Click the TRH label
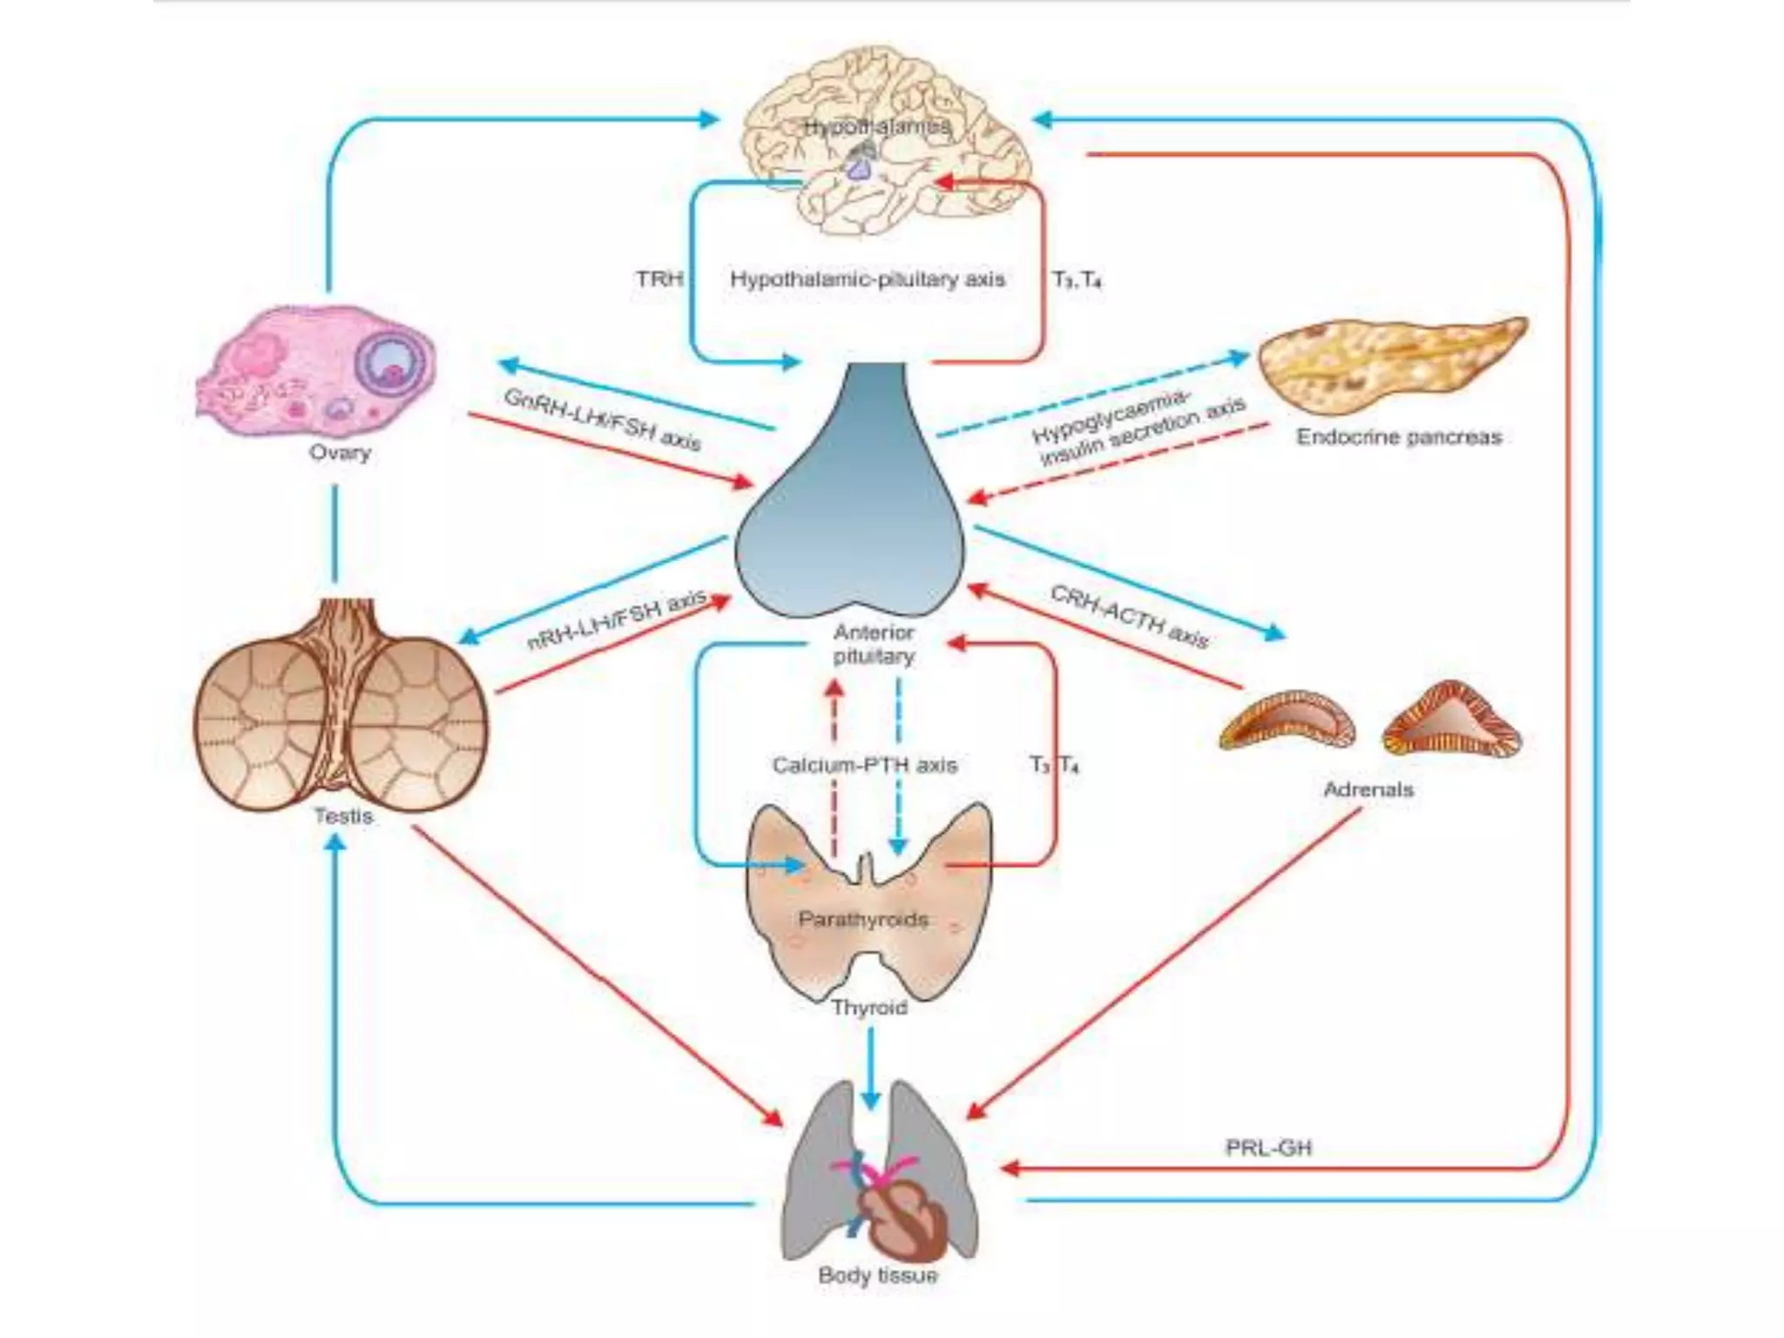coord(659,279)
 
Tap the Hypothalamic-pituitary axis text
coord(867,279)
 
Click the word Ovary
coord(340,452)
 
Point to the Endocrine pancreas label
coord(1399,436)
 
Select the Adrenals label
coord(1368,789)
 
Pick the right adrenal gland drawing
coord(1451,720)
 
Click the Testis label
coord(343,816)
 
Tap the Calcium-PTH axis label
coord(864,765)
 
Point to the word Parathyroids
coord(863,919)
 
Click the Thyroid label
coord(868,1007)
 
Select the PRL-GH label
coord(1268,1147)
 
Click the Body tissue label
coord(877,1275)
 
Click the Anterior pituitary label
coord(874,644)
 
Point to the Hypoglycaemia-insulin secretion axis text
coord(1137,427)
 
